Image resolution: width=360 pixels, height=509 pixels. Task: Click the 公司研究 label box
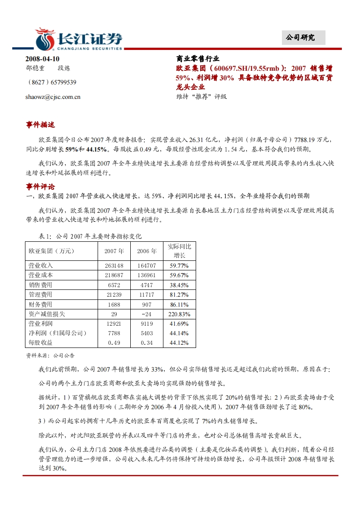[300, 38]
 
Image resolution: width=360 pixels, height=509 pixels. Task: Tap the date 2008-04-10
[42, 59]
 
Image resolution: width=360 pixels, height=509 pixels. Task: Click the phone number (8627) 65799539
[52, 82]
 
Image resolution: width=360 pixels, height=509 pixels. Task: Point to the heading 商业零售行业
[197, 59]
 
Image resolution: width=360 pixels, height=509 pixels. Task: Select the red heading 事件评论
[40, 186]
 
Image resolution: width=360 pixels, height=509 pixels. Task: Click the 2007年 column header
[114, 251]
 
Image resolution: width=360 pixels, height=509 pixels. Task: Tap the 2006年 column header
[147, 251]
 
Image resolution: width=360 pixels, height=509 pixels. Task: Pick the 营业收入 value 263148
[114, 265]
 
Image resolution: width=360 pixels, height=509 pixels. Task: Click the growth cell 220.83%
[179, 314]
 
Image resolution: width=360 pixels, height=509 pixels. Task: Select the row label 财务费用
[40, 304]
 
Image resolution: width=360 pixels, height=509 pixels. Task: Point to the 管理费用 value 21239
[114, 294]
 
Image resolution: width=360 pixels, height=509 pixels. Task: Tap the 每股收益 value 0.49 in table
[114, 343]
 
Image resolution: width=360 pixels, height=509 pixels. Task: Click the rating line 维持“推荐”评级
[201, 96]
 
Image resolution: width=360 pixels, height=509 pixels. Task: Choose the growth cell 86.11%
[179, 304]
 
